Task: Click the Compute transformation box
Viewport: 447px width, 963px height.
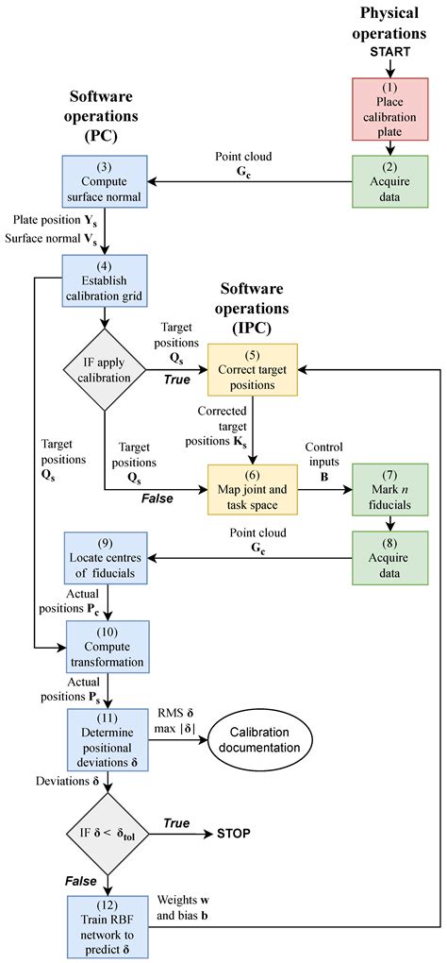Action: point(105,644)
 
